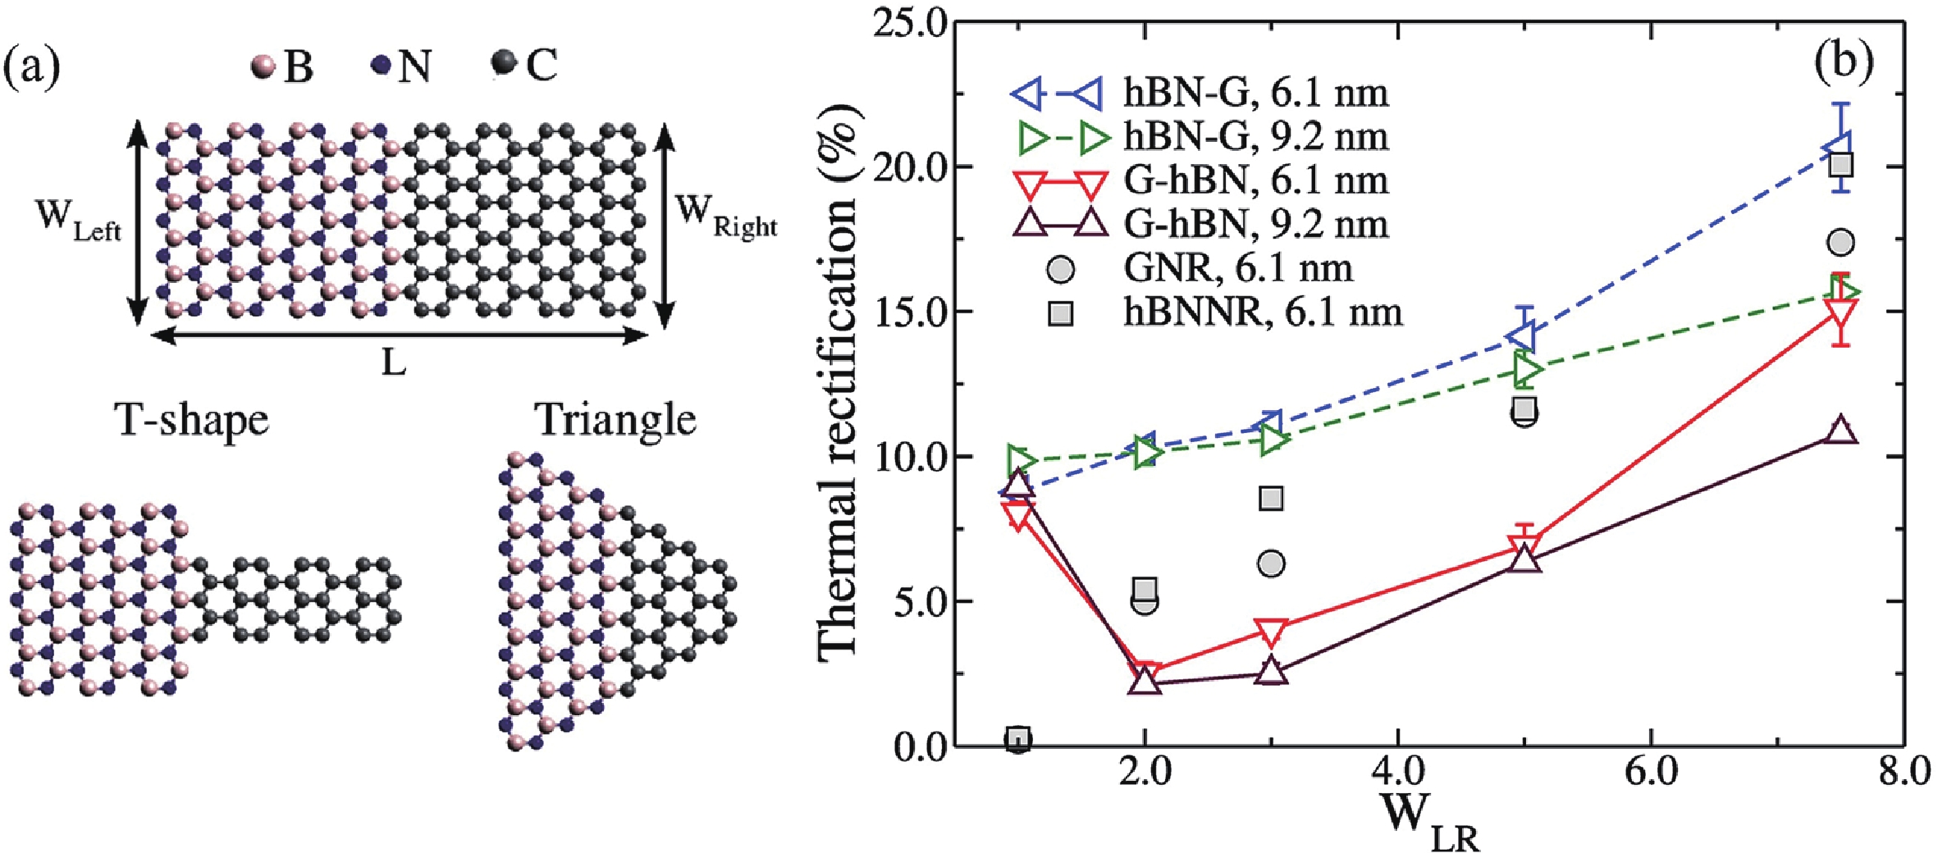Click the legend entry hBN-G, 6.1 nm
pos(1255,93)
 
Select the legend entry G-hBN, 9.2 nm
pos(1255,224)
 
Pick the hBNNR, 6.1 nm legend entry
pos(1263,312)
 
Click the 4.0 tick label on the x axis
pos(1396,773)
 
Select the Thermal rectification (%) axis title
pos(839,381)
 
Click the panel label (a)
pos(32,69)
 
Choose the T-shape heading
pos(193,420)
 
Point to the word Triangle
pos(615,420)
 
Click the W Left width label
pos(78,221)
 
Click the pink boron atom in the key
pos(263,66)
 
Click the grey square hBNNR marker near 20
pos(1841,165)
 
